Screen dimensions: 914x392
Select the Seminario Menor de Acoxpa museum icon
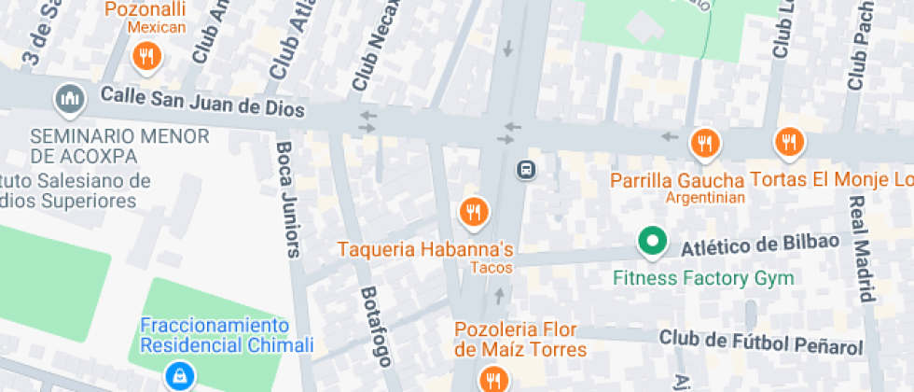[x=70, y=97]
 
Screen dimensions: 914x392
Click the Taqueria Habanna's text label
[x=425, y=249]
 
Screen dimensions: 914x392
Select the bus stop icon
[x=526, y=170]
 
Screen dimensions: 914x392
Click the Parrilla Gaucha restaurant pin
[x=704, y=144]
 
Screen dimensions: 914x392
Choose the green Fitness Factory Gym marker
[x=652, y=243]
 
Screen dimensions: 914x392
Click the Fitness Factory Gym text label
[x=703, y=278]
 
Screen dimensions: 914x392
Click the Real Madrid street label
[x=865, y=247]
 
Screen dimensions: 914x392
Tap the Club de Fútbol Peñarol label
[x=760, y=341]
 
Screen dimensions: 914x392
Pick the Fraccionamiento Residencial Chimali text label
[x=227, y=335]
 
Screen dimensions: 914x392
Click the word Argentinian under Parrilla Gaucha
[x=705, y=198]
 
